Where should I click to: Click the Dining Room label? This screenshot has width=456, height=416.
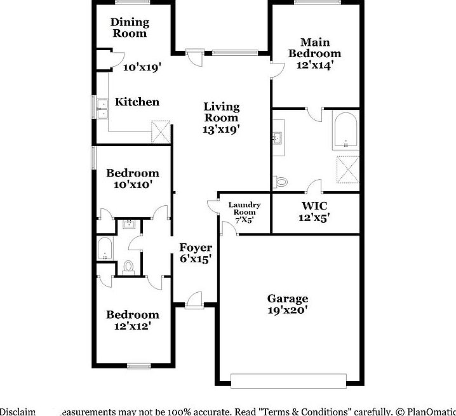tap(130, 27)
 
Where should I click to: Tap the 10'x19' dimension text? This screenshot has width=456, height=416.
tap(142, 65)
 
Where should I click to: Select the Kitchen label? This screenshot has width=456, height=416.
tap(137, 102)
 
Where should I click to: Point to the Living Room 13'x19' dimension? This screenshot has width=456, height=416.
tap(221, 129)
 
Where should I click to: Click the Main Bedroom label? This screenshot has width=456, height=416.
tap(314, 48)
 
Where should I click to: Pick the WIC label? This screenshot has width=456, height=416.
tap(314, 206)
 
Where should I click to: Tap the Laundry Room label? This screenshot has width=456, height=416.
tap(242, 208)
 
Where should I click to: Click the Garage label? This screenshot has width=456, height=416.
tap(287, 299)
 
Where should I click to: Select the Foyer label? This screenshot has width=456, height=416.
tap(195, 247)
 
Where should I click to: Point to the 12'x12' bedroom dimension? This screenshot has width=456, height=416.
tap(132, 326)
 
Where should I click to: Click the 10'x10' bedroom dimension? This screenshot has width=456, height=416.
tap(132, 184)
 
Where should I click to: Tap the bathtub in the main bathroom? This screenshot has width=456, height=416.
tap(345, 130)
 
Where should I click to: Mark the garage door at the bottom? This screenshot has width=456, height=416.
tap(288, 380)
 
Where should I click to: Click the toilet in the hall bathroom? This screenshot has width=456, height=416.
tap(128, 267)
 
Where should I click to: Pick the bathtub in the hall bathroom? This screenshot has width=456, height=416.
tap(104, 248)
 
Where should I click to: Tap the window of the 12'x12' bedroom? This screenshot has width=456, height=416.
tap(138, 366)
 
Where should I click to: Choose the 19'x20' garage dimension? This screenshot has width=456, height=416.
tap(287, 310)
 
